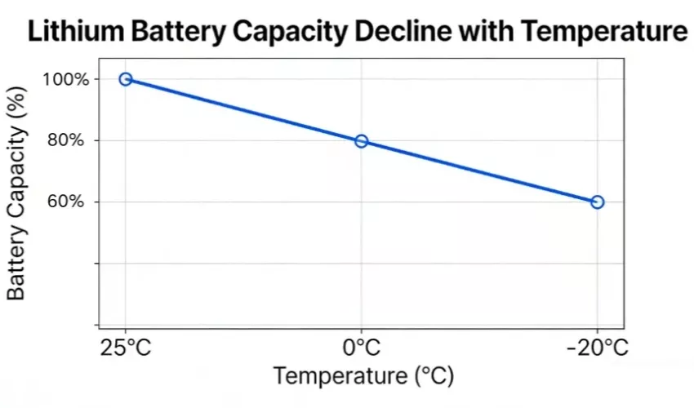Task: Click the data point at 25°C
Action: click(126, 79)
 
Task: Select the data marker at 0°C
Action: click(362, 141)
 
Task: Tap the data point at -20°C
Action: click(597, 202)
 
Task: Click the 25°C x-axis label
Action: click(126, 348)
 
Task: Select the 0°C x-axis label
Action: click(362, 348)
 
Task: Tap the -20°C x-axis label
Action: click(597, 348)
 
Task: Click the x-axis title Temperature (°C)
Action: click(363, 376)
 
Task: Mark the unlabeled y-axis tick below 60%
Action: click(96, 263)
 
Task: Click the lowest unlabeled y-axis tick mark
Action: click(96, 325)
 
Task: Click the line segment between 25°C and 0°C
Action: click(243, 110)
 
